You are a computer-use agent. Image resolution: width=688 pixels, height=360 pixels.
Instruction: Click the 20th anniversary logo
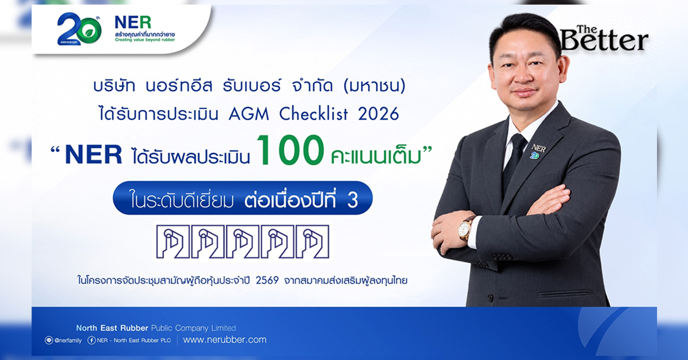(x=79, y=29)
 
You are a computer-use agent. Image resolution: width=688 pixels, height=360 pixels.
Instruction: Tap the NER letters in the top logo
(x=132, y=22)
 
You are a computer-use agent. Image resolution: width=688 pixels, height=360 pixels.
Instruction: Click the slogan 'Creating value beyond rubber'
(x=144, y=40)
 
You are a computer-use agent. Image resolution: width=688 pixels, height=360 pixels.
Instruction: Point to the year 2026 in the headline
(x=378, y=114)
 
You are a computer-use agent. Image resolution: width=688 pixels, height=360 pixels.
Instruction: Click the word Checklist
(x=314, y=114)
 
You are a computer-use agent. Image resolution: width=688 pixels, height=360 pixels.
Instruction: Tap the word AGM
(x=249, y=114)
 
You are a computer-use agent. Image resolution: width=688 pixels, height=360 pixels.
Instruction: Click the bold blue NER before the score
(x=93, y=155)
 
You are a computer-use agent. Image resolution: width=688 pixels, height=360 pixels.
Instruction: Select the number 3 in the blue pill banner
(x=353, y=200)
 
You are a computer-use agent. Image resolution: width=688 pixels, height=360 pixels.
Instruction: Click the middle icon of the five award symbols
(x=243, y=241)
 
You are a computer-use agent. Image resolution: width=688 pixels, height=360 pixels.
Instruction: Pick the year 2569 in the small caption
(x=267, y=280)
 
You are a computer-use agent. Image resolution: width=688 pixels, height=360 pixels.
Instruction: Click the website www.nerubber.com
(x=225, y=340)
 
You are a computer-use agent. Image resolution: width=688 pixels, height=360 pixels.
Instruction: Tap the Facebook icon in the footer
(x=91, y=340)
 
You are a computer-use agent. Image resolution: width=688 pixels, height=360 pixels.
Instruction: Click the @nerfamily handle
(x=68, y=341)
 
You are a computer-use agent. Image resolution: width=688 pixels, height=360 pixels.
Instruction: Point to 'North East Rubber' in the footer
(x=112, y=328)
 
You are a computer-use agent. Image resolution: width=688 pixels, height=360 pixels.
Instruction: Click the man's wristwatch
(x=466, y=229)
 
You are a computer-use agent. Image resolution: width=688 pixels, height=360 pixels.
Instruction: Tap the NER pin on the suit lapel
(x=538, y=151)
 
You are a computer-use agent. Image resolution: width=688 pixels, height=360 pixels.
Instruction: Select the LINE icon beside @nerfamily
(x=49, y=340)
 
